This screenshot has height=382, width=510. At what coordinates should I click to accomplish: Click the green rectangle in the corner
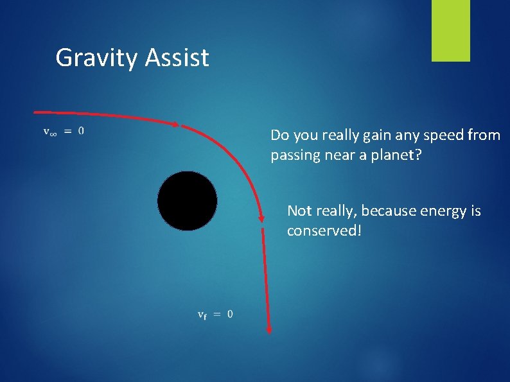coord(450,31)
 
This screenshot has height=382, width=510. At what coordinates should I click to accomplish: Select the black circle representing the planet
coord(187,201)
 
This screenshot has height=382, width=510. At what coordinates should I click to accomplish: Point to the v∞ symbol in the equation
coord(49,132)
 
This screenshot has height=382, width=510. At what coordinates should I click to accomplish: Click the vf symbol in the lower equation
coord(202,315)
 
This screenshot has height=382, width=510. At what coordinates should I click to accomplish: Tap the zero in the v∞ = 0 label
coord(80,131)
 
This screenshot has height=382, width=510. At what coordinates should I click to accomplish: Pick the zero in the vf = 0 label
coord(230,314)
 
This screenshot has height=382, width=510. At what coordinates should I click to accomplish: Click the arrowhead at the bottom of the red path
coord(268,329)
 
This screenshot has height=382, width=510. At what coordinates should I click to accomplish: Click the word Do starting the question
coord(279,135)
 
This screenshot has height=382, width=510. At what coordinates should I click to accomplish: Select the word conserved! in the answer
coord(324,230)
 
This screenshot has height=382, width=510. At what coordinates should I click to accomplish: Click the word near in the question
coord(336,155)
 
